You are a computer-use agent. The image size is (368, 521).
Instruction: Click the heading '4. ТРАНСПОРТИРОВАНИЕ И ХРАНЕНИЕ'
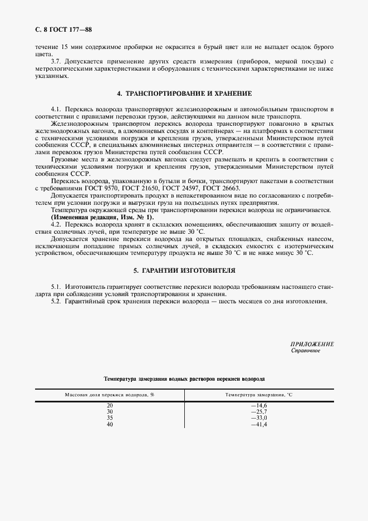click(184, 94)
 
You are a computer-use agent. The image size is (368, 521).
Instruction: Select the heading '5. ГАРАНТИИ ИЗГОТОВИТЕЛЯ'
click(184, 271)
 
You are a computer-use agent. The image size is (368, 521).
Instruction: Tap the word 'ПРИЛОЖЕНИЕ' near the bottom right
click(312, 344)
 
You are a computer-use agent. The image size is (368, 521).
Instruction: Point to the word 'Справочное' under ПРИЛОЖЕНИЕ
click(306, 351)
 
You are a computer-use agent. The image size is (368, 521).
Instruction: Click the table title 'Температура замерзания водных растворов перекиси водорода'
click(184, 378)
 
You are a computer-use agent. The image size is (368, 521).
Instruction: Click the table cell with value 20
click(110, 406)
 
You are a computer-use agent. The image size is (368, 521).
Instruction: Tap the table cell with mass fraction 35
click(110, 418)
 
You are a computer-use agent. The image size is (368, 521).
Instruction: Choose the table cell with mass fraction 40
click(110, 424)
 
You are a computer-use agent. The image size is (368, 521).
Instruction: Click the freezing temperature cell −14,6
click(259, 406)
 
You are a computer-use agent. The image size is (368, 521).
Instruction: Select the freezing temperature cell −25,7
click(259, 412)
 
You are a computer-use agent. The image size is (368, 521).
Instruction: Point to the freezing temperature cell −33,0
click(259, 418)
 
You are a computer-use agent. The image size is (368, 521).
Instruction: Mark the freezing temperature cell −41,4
click(259, 424)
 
